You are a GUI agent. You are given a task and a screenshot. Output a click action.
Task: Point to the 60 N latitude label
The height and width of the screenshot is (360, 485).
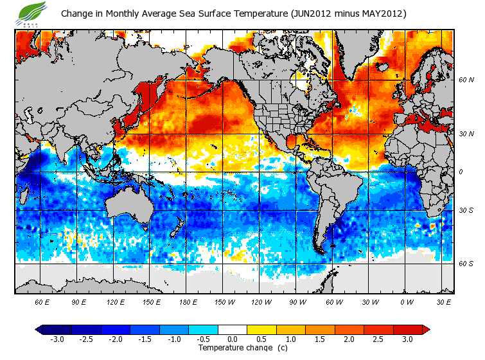[x=466, y=80]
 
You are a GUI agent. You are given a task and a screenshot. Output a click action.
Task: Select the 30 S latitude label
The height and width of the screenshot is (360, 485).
[x=466, y=210]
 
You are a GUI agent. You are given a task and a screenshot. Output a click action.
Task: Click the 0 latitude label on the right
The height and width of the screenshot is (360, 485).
[x=461, y=172]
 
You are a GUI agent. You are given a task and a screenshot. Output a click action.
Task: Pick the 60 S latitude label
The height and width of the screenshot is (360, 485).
[x=466, y=263]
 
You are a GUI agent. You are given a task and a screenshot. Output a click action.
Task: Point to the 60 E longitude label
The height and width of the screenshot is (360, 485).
[x=42, y=301]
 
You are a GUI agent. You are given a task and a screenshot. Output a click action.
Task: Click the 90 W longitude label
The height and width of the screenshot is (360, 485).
[x=297, y=301]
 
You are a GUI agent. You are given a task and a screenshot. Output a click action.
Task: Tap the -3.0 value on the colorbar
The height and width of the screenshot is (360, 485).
[x=57, y=339]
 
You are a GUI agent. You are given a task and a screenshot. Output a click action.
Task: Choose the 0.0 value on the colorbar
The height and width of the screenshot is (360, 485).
[x=233, y=339]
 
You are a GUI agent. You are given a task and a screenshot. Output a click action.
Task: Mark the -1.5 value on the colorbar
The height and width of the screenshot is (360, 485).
[x=145, y=339]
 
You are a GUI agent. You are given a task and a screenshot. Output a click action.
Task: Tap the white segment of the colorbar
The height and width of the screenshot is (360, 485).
[x=233, y=329]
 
